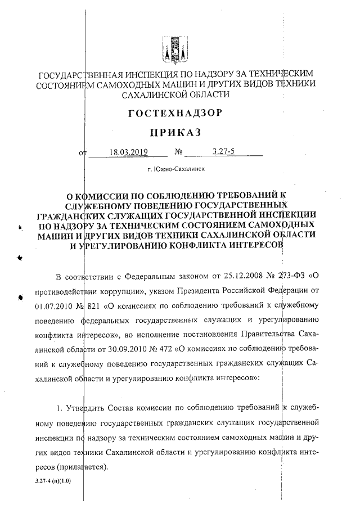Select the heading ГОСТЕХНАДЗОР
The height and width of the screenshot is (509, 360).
175,113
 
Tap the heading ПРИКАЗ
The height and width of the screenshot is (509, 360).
175,132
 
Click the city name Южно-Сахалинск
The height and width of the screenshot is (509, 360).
175,169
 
